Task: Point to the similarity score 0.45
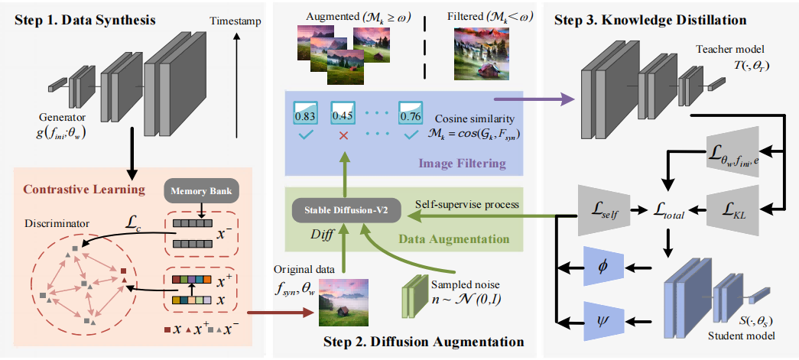click(x=342, y=115)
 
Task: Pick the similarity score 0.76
click(x=411, y=115)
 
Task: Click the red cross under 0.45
click(x=343, y=135)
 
